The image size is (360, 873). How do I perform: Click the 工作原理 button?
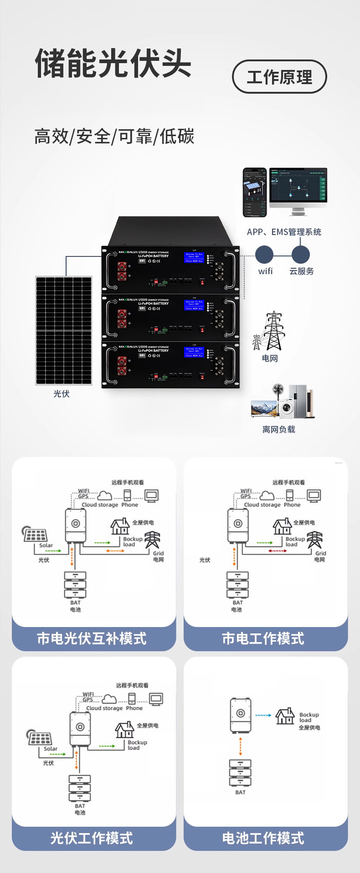[x=279, y=77]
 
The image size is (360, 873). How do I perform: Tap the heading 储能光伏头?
[x=113, y=63]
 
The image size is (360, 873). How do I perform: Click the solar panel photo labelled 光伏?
[x=63, y=330]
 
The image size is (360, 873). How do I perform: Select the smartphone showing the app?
[x=254, y=192]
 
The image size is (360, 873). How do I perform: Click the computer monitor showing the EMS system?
[x=298, y=187]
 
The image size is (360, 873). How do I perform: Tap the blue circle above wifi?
[x=264, y=255]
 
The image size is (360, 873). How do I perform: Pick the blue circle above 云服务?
[x=300, y=255]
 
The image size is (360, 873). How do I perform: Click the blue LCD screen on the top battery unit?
[x=194, y=257]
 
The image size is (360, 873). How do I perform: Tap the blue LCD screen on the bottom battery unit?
[x=194, y=352]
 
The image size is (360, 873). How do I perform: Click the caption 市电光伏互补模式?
[x=92, y=639]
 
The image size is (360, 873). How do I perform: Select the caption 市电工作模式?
[x=263, y=639]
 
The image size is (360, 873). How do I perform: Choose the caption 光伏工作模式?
[x=92, y=838]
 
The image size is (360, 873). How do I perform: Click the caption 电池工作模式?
[x=263, y=838]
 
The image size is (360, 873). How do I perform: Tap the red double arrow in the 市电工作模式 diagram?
[x=277, y=551]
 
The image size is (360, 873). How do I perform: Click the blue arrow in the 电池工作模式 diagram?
[x=263, y=715]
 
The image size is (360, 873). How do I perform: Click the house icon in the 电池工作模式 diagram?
[x=285, y=716]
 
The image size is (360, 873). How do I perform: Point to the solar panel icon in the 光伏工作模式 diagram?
[x=39, y=738]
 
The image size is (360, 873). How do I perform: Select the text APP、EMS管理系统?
[x=284, y=232]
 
